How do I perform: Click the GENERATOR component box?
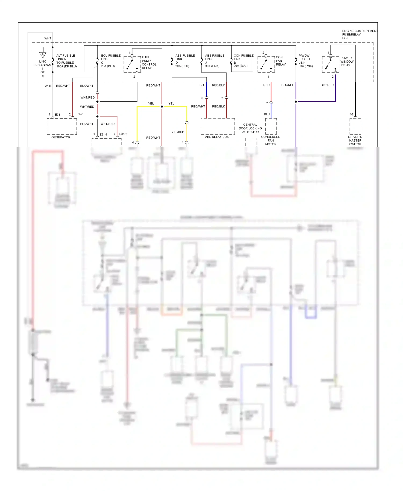click(x=62, y=127)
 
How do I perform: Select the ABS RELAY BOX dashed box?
click(x=218, y=126)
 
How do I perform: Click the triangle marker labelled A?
click(x=42, y=55)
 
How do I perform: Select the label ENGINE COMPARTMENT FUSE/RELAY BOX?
click(x=359, y=34)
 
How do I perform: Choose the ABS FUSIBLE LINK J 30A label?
click(x=214, y=61)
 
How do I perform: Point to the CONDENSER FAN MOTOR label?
click(x=271, y=140)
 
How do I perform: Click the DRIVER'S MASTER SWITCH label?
click(x=355, y=140)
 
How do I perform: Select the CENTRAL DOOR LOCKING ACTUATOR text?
click(x=250, y=128)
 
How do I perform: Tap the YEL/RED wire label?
click(x=178, y=132)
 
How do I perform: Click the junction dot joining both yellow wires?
click(x=162, y=107)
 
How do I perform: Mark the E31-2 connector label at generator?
click(x=78, y=114)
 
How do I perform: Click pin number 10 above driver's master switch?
click(x=351, y=114)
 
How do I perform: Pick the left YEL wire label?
click(x=151, y=103)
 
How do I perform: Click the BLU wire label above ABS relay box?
click(x=202, y=85)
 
